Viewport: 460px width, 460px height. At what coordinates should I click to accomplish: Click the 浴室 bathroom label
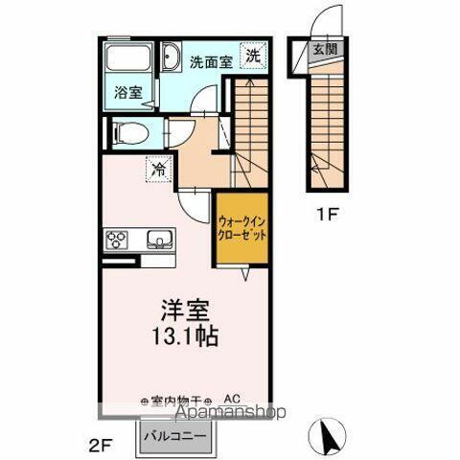127,94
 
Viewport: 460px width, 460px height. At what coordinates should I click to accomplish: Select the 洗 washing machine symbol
252,57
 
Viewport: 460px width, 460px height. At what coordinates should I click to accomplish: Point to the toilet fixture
126,133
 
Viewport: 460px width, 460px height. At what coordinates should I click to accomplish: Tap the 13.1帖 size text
185,337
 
